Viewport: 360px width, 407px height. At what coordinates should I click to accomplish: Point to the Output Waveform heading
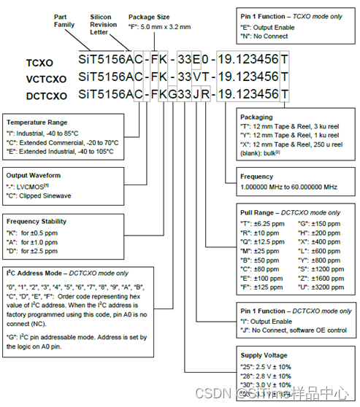click(36, 175)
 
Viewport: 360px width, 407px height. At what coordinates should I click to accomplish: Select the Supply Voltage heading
click(267, 355)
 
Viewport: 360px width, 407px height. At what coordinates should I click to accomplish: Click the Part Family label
click(64, 20)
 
